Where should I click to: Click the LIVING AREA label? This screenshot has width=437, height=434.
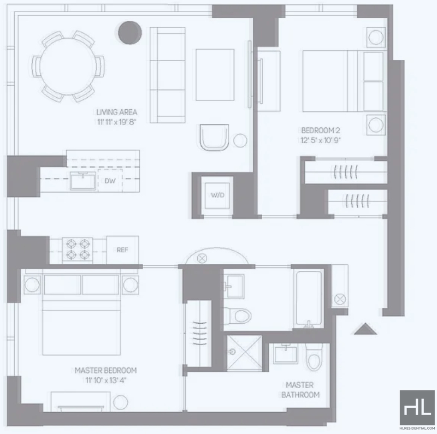[x=117, y=112]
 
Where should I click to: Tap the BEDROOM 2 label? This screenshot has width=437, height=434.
[x=321, y=130]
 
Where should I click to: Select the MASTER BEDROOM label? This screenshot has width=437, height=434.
[x=105, y=371]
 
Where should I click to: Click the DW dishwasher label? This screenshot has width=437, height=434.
[x=110, y=181]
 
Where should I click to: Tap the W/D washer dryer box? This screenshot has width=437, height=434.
[x=217, y=195]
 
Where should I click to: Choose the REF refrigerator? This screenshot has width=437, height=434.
[x=122, y=250]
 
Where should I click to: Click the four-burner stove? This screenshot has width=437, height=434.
[x=78, y=250]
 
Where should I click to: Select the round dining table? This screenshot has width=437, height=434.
[x=68, y=67]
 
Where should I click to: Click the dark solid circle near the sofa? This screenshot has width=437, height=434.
[x=130, y=33]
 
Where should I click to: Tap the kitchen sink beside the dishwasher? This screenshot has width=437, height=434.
[x=83, y=181]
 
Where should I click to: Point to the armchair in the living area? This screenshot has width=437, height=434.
[x=214, y=138]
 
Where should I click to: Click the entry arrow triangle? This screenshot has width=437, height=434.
[x=365, y=329]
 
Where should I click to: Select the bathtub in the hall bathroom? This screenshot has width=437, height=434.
[x=309, y=298]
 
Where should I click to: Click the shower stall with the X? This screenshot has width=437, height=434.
[x=244, y=353]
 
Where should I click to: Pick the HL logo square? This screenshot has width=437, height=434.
[x=417, y=408]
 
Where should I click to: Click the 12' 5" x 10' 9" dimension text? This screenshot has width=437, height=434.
[x=321, y=140]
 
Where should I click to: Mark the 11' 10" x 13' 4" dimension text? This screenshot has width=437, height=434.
[x=106, y=381]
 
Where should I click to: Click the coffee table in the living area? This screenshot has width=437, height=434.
[x=215, y=75]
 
